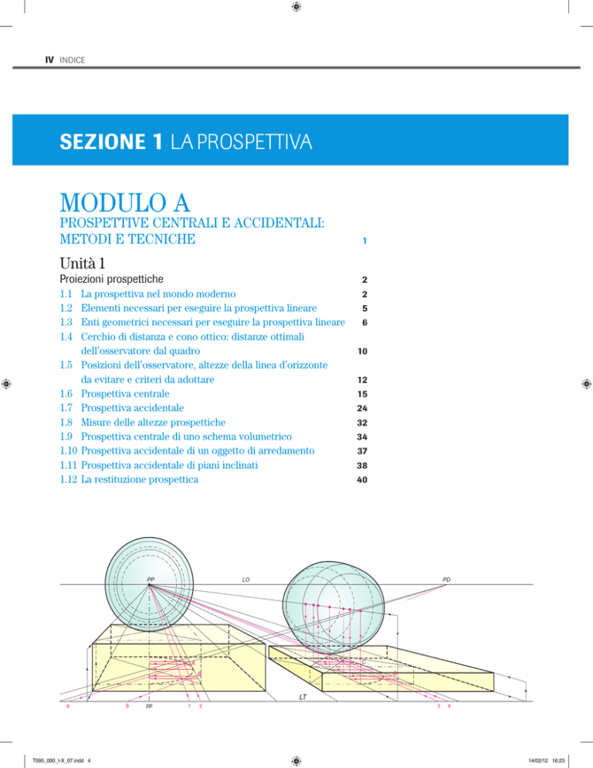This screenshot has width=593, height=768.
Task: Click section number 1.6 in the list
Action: coord(67,393)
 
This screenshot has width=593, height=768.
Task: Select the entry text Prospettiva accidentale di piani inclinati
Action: coord(188,464)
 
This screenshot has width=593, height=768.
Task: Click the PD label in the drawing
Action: coord(447,579)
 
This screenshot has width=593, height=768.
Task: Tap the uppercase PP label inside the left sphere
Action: coord(152,579)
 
